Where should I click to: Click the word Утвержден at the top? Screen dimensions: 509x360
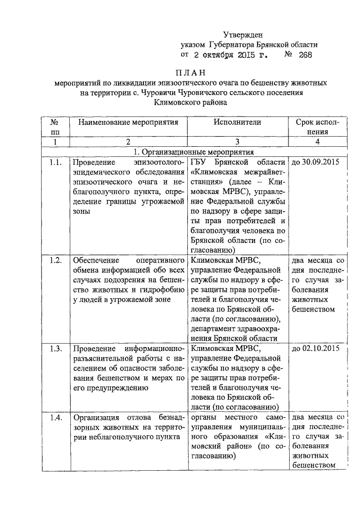[242, 35]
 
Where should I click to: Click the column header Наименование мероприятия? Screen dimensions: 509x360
[128, 122]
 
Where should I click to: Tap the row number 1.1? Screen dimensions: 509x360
[55, 163]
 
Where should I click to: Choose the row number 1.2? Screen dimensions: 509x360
[55, 261]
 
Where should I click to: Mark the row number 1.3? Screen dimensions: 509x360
[55, 348]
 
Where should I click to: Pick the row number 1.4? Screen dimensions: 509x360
[55, 417]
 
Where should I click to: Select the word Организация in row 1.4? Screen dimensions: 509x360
[94, 417]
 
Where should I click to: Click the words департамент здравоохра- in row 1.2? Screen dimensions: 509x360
[234, 328]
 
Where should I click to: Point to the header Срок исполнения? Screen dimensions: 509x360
[318, 127]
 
